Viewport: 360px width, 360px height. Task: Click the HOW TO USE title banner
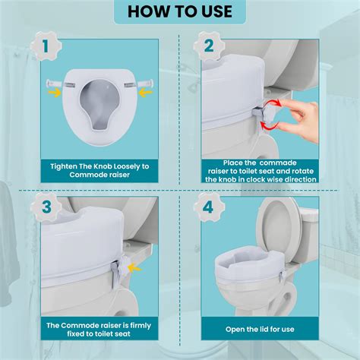tap(180, 11)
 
